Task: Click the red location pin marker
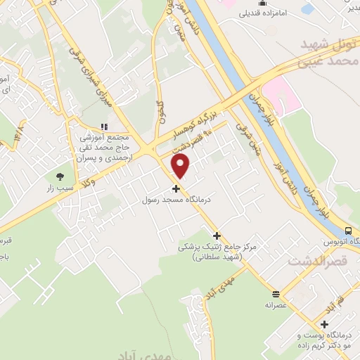point(181,166)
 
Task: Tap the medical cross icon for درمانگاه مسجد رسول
point(176,188)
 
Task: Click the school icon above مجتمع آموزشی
point(104,127)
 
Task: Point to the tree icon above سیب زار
point(60,176)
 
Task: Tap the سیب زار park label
point(60,188)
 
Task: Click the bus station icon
point(348,231)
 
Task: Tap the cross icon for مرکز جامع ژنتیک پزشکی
point(217,236)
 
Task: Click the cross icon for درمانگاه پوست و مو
point(324,324)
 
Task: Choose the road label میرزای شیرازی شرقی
point(87,73)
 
